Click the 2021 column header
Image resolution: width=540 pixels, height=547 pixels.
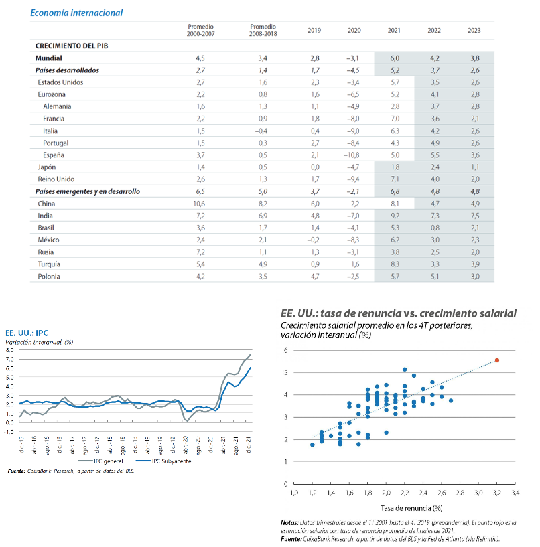[x=394, y=31]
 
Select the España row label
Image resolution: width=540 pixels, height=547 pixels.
[x=54, y=155]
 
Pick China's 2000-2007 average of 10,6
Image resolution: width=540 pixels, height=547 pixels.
[x=199, y=204]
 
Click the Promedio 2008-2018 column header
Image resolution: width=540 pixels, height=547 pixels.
[x=263, y=30]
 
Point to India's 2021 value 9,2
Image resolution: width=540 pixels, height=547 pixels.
[x=395, y=216]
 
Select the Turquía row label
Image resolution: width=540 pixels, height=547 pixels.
[x=49, y=264]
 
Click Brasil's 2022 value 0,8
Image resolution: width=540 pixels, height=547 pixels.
[x=435, y=228]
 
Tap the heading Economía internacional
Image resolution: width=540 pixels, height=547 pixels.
[x=76, y=13]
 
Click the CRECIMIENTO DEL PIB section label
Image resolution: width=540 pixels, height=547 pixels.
[x=72, y=46]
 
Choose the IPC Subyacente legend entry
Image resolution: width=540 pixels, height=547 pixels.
[x=163, y=461]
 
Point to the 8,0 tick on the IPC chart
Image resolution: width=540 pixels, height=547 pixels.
[x=9, y=350]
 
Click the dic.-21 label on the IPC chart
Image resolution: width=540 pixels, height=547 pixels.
[x=249, y=445]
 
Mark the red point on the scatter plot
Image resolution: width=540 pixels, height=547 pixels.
[x=497, y=360]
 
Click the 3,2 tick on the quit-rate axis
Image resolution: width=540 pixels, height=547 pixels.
[x=496, y=493]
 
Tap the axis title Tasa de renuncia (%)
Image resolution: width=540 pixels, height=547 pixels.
[x=411, y=508]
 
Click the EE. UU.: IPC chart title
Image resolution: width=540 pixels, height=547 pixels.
[x=27, y=333]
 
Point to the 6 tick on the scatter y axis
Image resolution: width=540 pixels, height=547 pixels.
[x=286, y=350]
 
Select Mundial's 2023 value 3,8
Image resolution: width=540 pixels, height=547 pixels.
[x=475, y=58]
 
